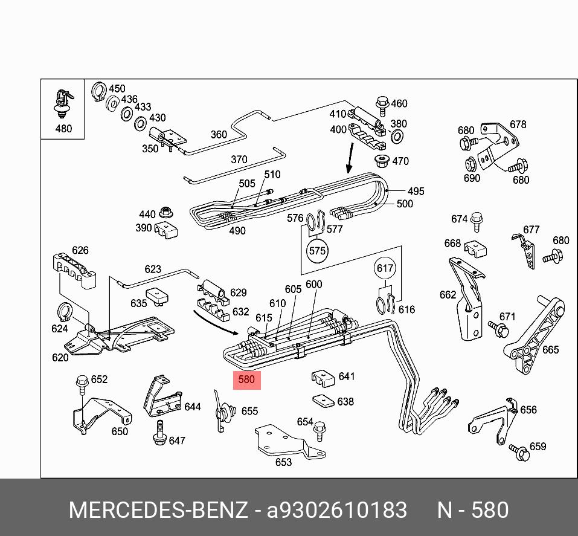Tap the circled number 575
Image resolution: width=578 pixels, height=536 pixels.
[x=317, y=250]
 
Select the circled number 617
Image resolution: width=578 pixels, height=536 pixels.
[x=385, y=268]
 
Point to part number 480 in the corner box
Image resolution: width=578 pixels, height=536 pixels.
[x=63, y=128]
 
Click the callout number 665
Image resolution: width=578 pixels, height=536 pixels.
[x=550, y=349]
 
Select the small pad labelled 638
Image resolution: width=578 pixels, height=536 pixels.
[x=324, y=401]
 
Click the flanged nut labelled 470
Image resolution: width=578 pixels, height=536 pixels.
[x=382, y=161]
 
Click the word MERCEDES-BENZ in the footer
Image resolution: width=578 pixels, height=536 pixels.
[x=158, y=511]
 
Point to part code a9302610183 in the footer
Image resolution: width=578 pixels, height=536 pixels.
[x=337, y=511]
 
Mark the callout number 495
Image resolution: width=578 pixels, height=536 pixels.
[x=415, y=191]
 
